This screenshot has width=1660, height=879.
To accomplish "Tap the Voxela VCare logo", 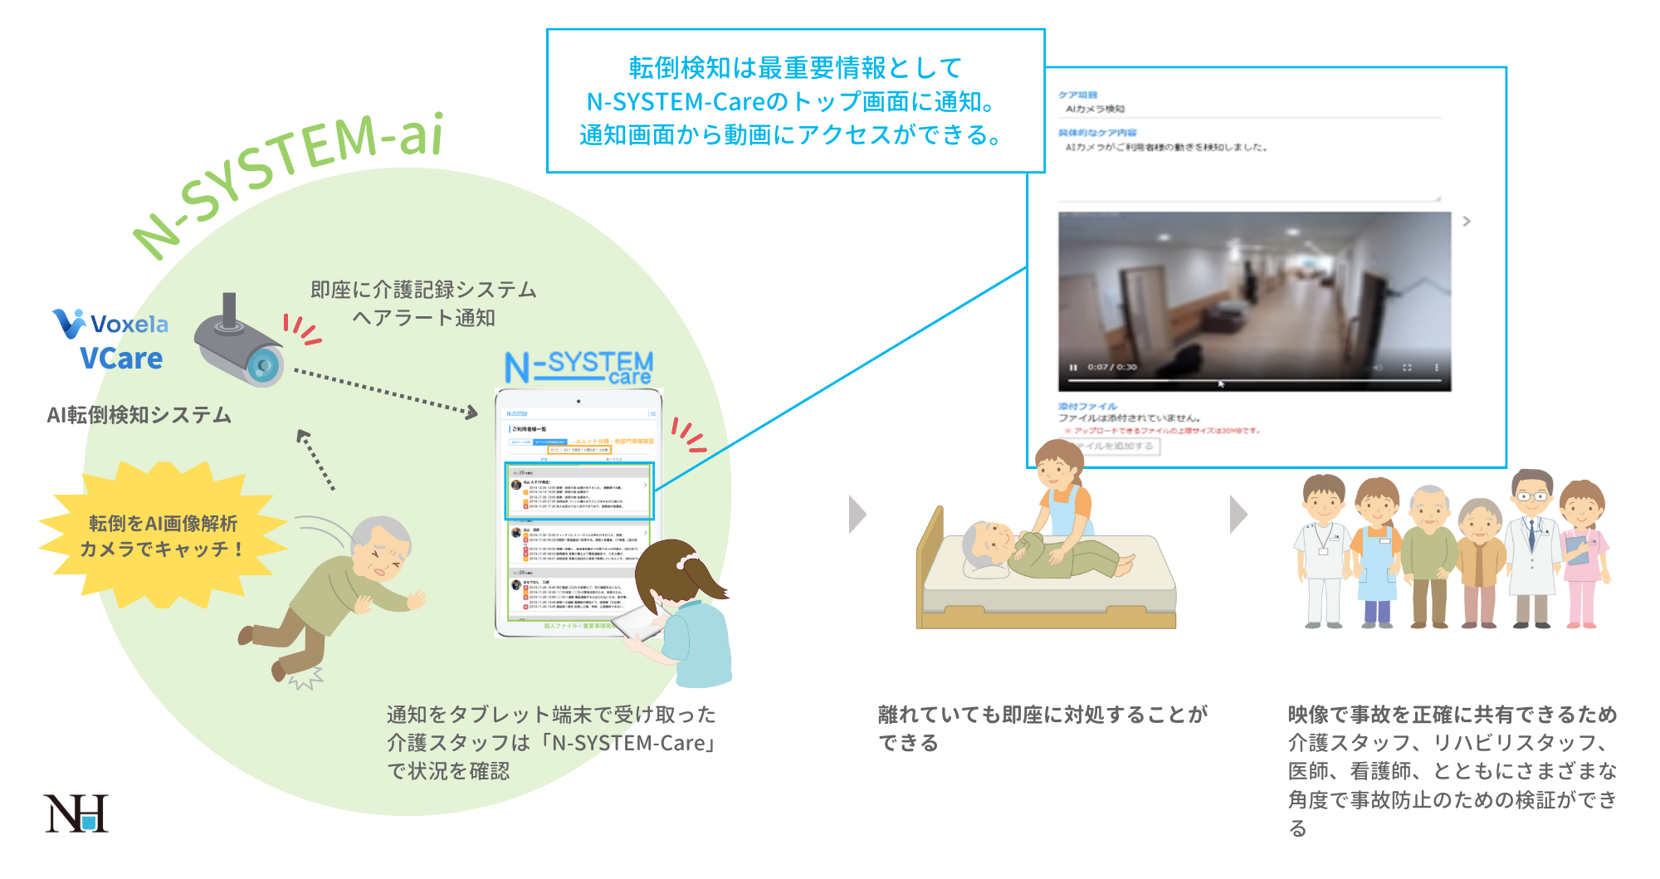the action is point(112,340).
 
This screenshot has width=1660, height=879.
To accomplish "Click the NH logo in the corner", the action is point(76,813).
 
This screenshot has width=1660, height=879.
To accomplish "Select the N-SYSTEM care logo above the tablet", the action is point(579,367).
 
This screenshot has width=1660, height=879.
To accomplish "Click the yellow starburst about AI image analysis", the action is point(162,536).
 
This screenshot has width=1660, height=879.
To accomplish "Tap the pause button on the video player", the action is point(1073,367).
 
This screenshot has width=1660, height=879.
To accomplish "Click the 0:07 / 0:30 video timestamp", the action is point(1112,367).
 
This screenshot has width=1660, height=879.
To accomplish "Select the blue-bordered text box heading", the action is point(795,100).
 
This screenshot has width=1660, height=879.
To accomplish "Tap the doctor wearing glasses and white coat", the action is point(1531,548).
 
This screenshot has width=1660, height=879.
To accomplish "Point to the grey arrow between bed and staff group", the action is point(1238,515).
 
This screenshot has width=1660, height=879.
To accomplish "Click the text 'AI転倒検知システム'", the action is point(139,414).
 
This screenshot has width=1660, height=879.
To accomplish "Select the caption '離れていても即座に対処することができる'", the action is point(1042,728).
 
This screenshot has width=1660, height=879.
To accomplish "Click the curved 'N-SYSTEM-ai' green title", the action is point(290,178).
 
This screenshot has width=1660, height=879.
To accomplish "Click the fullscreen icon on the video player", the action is point(1407,367).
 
